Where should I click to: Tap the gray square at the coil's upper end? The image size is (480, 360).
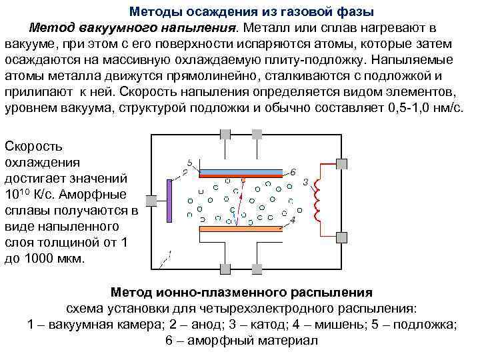pyautogui.click(x=342, y=163)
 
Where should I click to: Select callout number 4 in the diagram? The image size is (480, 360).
pyautogui.click(x=293, y=219)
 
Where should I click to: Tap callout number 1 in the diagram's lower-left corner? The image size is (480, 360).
pyautogui.click(x=169, y=254)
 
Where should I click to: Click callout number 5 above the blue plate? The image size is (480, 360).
pyautogui.click(x=190, y=162)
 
